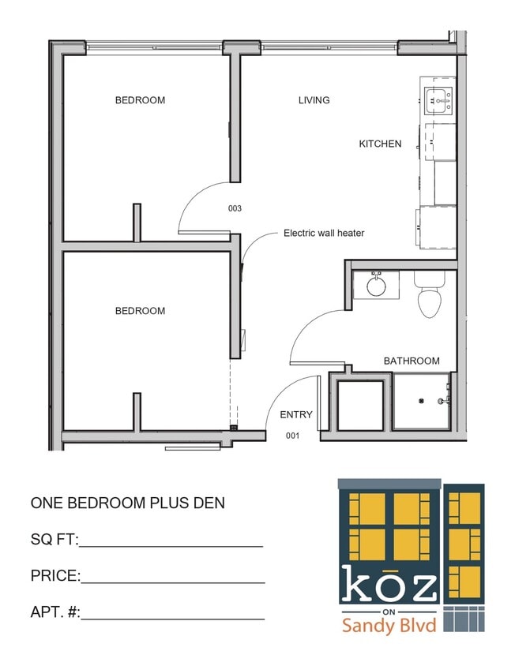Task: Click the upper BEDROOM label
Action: tap(140, 100)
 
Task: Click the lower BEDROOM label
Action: tap(140, 311)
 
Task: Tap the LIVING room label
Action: tap(314, 100)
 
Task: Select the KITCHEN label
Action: tap(380, 144)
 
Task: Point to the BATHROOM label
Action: tap(412, 361)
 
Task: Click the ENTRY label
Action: tap(296, 414)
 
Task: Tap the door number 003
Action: tap(235, 209)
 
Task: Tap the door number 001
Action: tap(293, 436)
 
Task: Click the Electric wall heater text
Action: tap(324, 233)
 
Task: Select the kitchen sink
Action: tap(438, 99)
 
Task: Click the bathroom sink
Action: tap(376, 284)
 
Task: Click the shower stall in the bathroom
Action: tap(422, 402)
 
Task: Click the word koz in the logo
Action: tap(388, 586)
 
